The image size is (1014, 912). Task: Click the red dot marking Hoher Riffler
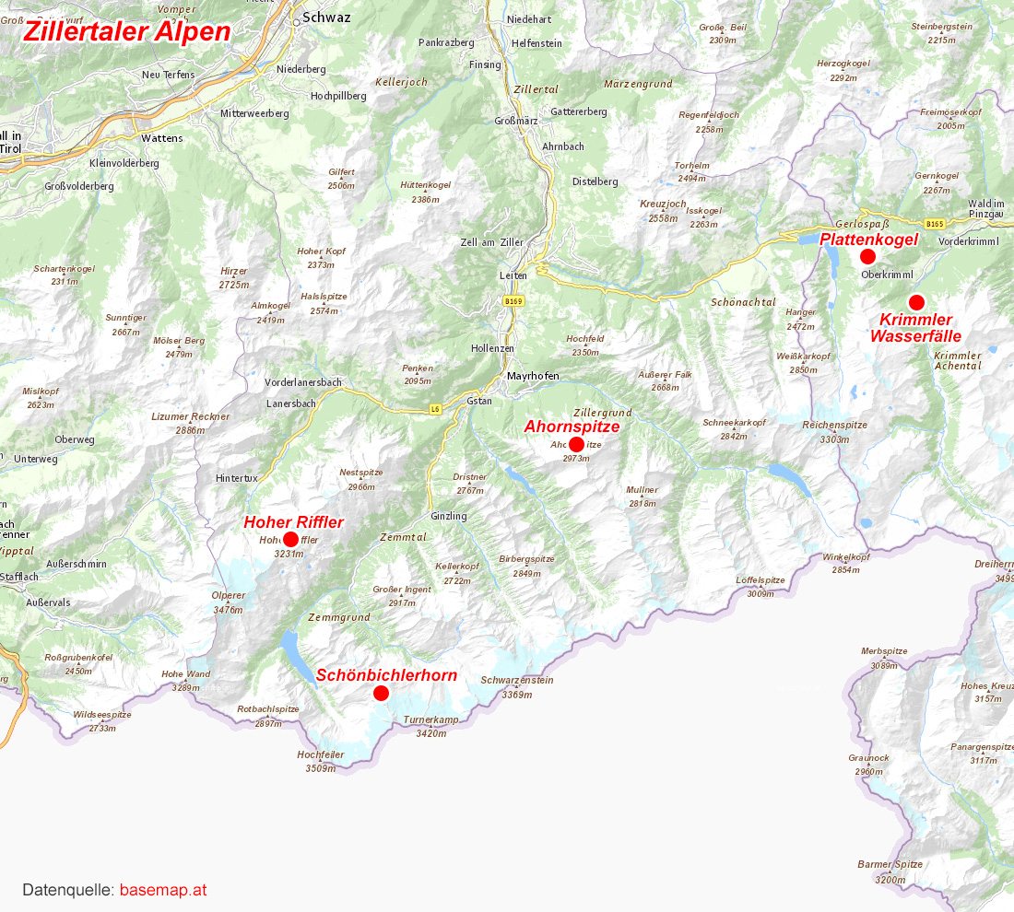290,539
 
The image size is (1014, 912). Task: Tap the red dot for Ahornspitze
577,445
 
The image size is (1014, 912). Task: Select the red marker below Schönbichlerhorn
381,693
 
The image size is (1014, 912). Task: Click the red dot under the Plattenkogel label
867,256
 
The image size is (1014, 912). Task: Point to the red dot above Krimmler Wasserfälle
916,302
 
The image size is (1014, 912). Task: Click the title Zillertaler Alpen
127,31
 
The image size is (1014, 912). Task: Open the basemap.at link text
163,890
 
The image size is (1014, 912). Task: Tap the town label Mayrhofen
533,376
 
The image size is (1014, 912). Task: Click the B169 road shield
513,301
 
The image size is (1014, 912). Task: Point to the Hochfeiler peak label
321,754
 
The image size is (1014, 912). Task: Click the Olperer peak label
229,596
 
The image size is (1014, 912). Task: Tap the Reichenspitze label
834,425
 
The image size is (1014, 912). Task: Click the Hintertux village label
236,478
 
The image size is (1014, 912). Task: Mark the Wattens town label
162,138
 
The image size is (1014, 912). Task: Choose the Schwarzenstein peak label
516,681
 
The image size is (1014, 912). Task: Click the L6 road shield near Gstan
435,409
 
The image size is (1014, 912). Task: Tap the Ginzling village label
449,516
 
